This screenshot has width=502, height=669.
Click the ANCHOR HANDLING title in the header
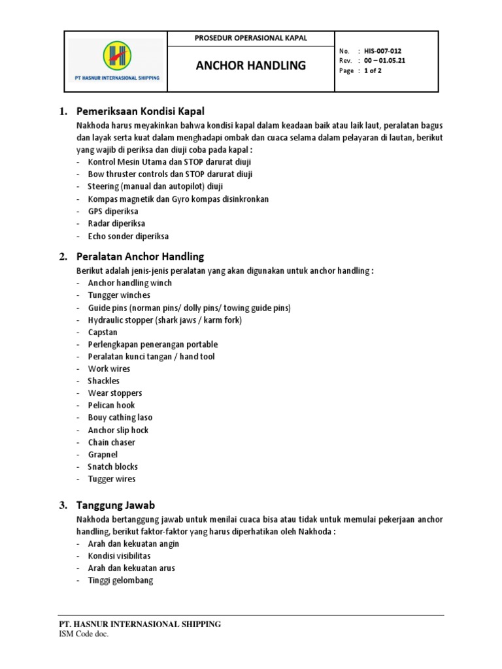coord(251,65)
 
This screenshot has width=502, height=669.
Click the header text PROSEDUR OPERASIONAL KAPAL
coord(251,38)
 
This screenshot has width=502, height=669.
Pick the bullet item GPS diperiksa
coord(113,212)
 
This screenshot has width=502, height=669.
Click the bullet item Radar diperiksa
coord(116,223)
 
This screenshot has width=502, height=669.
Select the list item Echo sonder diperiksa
coord(128,236)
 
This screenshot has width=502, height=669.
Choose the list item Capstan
coord(103,332)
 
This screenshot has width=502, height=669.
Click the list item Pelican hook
coord(111,405)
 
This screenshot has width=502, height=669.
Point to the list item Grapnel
coord(103,454)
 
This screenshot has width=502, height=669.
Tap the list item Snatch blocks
coord(112,466)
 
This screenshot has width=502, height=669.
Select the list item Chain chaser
coord(112,442)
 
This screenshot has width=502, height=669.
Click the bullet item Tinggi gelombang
coord(120,580)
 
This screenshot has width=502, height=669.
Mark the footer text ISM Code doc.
coord(84,634)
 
